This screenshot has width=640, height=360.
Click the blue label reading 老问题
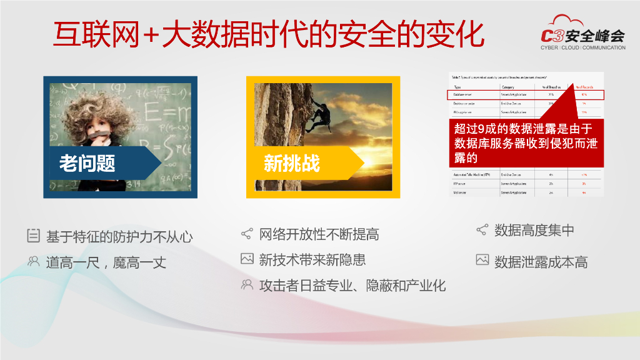pyautogui.click(x=87, y=163)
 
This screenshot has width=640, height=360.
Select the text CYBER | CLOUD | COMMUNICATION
pyautogui.click(x=582, y=47)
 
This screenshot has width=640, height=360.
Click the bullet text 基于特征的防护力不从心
pyautogui.click(x=119, y=237)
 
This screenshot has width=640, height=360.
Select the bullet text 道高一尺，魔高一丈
pyautogui.click(x=106, y=262)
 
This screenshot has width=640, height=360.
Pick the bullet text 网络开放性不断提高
pyautogui.click(x=319, y=235)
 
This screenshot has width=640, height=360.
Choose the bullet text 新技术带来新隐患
pyautogui.click(x=312, y=259)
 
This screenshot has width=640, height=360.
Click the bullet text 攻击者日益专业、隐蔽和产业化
pyautogui.click(x=352, y=286)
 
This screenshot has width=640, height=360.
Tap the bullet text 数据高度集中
pyautogui.click(x=534, y=230)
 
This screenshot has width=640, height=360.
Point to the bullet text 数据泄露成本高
pyautogui.click(x=541, y=261)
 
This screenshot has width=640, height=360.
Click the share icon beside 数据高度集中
pyautogui.click(x=482, y=230)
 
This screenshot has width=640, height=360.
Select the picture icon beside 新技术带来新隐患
pyautogui.click(x=247, y=259)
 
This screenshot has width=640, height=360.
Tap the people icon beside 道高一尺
pyautogui.click(x=33, y=262)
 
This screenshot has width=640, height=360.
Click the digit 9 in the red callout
pyautogui.click(x=481, y=129)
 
